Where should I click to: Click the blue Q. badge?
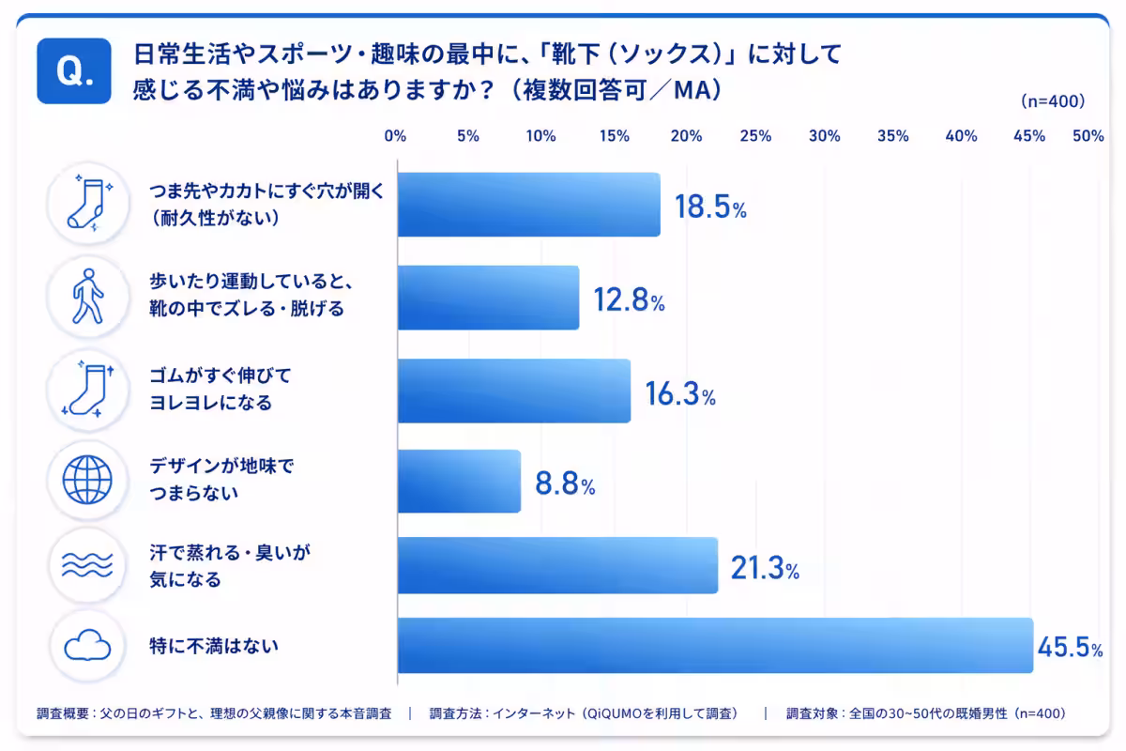[x=74, y=71]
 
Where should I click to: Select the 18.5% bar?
[x=529, y=205]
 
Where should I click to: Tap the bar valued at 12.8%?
[x=488, y=298]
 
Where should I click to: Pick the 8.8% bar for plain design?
[x=459, y=482]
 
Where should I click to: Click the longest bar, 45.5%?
[x=715, y=645]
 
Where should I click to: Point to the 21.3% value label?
[x=765, y=568]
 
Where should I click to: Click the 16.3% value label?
[x=680, y=394]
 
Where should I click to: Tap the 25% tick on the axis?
[x=755, y=136]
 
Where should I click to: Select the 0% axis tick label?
[x=395, y=136]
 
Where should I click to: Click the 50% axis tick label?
[x=1088, y=136]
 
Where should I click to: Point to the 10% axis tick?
[x=540, y=136]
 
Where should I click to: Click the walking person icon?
[x=88, y=297]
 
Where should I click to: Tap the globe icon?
[x=87, y=480]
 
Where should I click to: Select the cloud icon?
[x=87, y=645]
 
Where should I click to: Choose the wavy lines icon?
[x=87, y=565]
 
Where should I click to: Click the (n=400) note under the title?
[x=1053, y=101]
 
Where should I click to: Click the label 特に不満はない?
[x=214, y=646]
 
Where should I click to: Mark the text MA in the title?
[x=692, y=90]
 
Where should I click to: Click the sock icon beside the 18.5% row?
[x=89, y=204]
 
